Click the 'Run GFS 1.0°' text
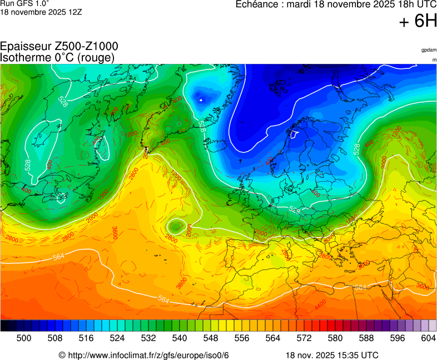point(24,3)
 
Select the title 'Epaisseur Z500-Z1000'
point(59,47)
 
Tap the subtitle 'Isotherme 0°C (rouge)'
point(57,57)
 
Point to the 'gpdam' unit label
point(429,50)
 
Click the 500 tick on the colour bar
point(24,338)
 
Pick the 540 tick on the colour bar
point(180,338)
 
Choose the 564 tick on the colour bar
point(273,338)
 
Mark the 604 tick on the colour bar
point(429,338)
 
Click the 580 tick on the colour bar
point(335,338)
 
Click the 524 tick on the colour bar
point(117,338)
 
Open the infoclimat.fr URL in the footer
point(144,355)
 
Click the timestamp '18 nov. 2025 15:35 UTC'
point(332,355)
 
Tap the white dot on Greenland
point(201,100)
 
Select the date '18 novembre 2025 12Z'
point(41,12)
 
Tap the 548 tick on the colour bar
point(211,338)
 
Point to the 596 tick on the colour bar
point(398,338)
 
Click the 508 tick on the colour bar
point(55,338)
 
